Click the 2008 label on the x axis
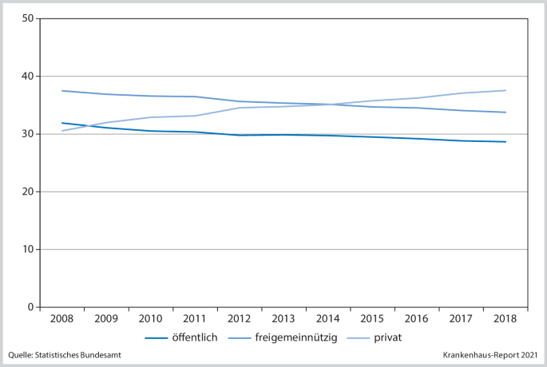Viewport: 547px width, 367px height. click(61, 319)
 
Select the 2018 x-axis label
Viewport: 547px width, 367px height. click(505, 319)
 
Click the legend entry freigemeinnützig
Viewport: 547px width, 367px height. click(296, 337)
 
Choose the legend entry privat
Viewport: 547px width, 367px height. click(386, 337)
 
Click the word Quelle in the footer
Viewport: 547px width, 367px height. click(22, 355)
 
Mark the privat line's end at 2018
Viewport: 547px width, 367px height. click(505, 90)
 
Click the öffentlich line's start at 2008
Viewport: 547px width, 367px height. click(61, 123)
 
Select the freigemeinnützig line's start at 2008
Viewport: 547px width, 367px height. click(61, 90)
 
